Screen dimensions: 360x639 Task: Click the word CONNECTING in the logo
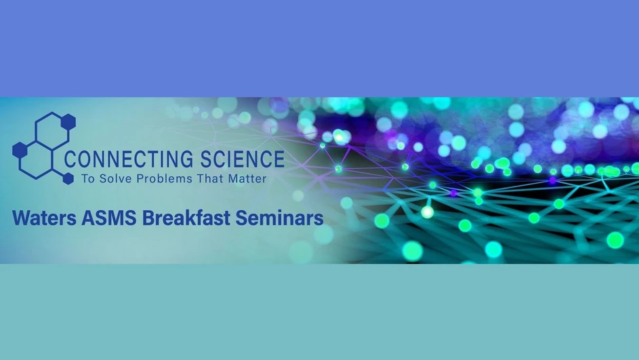(x=120, y=160)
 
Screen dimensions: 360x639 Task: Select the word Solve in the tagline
(x=112, y=179)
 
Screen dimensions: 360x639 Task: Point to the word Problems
(x=159, y=179)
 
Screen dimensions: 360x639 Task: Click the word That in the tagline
(x=207, y=179)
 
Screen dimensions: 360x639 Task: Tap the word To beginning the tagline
(x=87, y=179)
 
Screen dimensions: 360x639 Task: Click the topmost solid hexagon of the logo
(x=68, y=121)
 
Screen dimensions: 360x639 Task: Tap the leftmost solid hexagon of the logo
(x=20, y=150)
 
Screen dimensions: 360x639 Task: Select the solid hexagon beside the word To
(x=68, y=178)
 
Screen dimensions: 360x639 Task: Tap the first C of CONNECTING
(x=70, y=160)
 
